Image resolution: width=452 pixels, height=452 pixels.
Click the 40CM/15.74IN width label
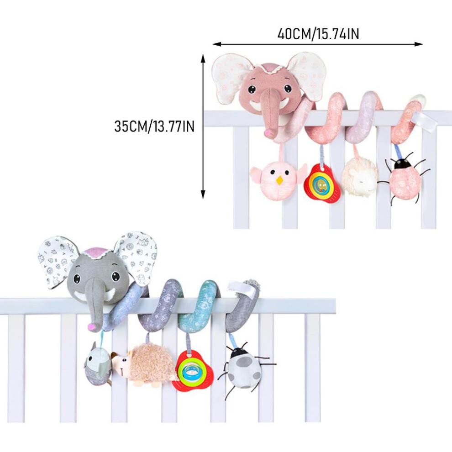318,34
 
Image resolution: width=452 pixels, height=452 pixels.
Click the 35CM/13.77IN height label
154,126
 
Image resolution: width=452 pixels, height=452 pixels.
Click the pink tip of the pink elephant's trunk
269,132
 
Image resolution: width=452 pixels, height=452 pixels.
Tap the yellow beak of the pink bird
279,181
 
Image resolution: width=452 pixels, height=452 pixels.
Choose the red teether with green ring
193,370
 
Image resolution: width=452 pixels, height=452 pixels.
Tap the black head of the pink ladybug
402,164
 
